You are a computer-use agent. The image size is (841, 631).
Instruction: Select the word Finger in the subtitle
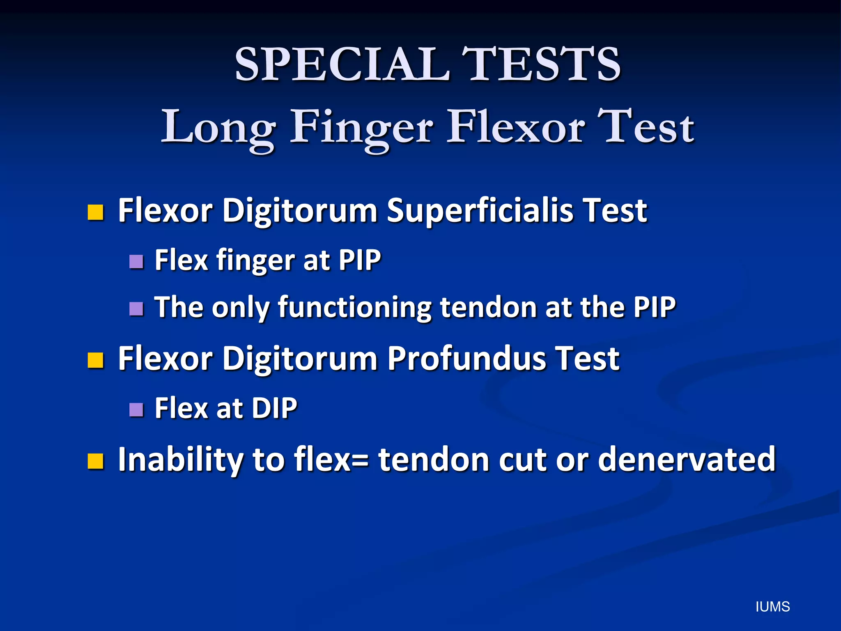[361, 127]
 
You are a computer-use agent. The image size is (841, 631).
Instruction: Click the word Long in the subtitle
[218, 127]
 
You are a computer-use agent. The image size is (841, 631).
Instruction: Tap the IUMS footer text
[772, 607]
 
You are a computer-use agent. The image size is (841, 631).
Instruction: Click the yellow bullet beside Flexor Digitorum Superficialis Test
[95, 212]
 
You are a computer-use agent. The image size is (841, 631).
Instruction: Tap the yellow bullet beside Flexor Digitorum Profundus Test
[95, 360]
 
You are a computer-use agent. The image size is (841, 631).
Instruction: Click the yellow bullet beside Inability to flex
[95, 461]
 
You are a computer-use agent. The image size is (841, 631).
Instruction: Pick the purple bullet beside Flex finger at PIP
[136, 261]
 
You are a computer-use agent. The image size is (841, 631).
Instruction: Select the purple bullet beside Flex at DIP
[136, 409]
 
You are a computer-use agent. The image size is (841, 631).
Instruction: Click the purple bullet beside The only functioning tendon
[136, 309]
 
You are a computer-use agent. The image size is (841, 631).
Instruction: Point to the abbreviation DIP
[274, 408]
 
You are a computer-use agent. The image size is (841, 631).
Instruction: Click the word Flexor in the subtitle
[516, 127]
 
